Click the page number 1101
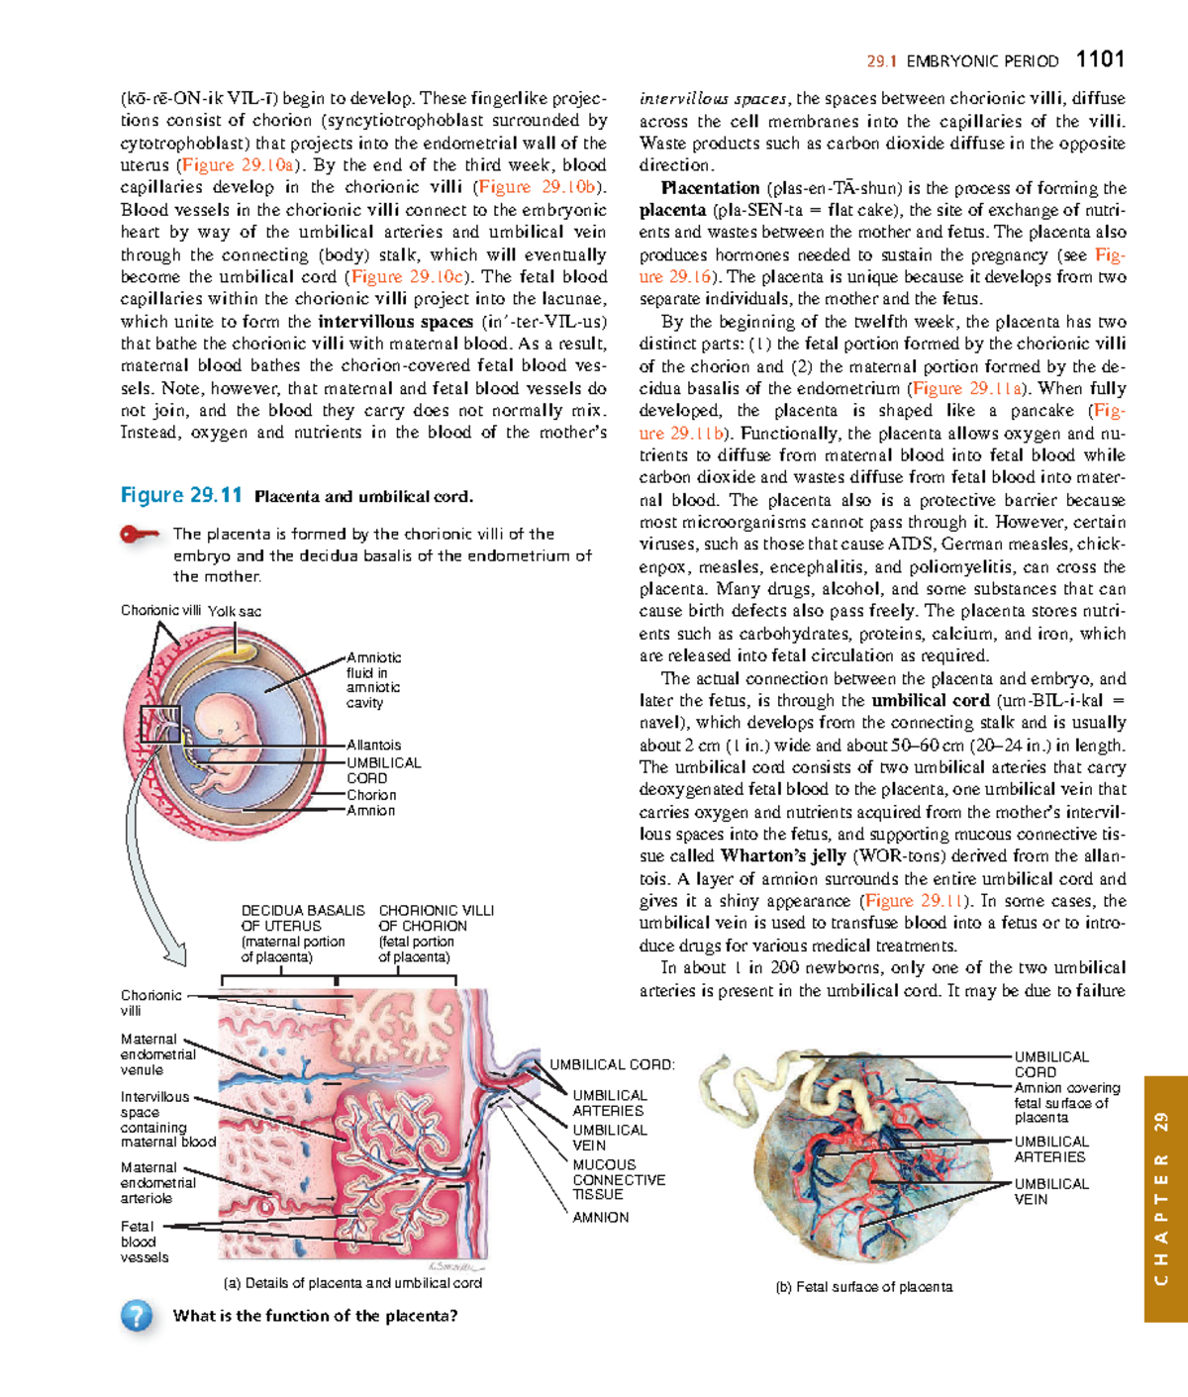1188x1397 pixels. pos(1099,59)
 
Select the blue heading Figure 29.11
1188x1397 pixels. pos(181,495)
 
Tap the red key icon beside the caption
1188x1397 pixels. pos(139,535)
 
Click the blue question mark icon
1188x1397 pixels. pos(137,1316)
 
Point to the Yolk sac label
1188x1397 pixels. pos(235,611)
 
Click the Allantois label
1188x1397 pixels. pos(373,745)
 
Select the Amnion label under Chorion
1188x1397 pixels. pos(370,811)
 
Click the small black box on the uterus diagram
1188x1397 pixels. pos(159,724)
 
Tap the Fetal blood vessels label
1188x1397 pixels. pos(145,1242)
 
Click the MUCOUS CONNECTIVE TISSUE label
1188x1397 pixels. pos(618,1179)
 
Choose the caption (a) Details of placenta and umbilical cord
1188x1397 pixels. pos(353,1283)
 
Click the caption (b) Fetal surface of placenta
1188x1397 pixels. pos(863,1287)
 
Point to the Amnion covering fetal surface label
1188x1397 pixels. pos(1066,1102)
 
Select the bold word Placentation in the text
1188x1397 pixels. pos(711,188)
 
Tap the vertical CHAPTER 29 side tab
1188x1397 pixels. pos(1164,1198)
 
